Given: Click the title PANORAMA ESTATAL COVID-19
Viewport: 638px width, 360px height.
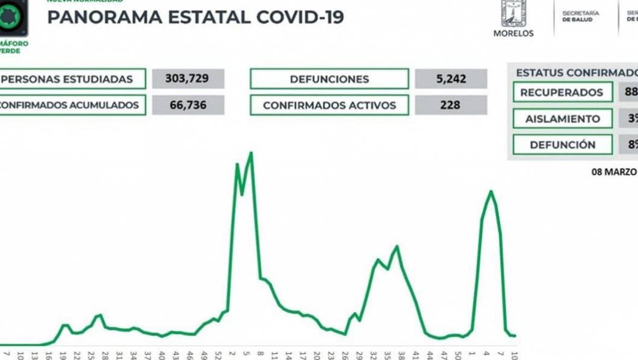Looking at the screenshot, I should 196,17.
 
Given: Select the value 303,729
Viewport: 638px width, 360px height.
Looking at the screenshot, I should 188,79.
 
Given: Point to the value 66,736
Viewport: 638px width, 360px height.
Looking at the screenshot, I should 188,105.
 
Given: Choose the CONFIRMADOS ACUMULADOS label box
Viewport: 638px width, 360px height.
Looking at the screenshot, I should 72,105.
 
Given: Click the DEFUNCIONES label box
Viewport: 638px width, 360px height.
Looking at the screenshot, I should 329,79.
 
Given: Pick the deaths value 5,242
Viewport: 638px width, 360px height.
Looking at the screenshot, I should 450,79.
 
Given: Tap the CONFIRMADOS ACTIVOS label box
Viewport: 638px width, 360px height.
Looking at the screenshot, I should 329,105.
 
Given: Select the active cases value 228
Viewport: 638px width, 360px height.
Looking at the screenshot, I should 450,105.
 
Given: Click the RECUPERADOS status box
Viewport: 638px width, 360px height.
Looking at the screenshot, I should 562,93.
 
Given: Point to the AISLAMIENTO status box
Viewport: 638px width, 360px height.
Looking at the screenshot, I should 562,119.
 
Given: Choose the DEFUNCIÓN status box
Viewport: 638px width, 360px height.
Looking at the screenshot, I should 562,144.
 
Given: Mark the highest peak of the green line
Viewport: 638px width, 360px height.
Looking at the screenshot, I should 250,153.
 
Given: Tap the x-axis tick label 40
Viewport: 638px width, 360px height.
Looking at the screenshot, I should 162,355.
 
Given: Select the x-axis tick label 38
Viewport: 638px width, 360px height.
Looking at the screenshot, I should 401,355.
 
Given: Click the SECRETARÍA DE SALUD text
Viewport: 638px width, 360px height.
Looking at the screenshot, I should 580,16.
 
